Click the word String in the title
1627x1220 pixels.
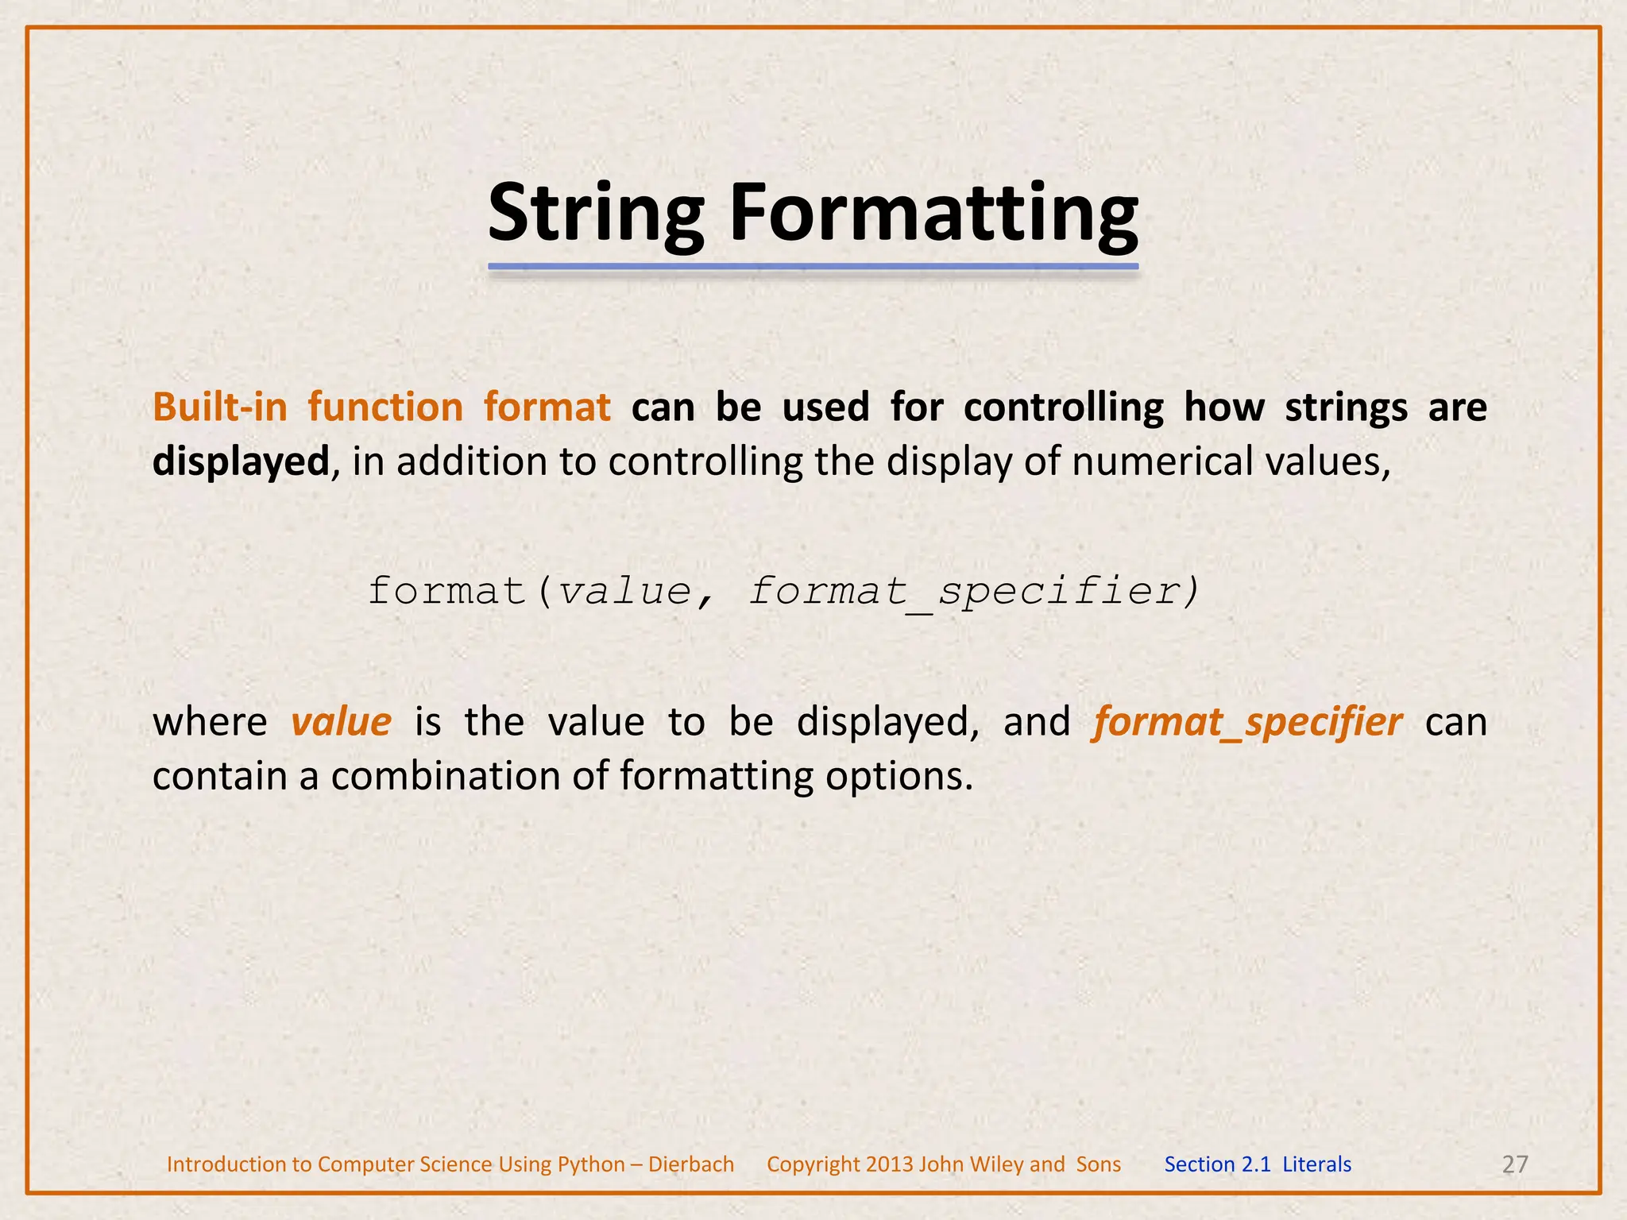(596, 213)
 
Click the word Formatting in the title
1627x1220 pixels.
(933, 213)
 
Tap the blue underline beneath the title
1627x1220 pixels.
(813, 267)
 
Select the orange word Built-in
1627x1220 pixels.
(219, 407)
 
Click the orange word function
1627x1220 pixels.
(385, 407)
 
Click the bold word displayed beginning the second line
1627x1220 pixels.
(240, 461)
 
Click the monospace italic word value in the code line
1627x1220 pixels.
(624, 592)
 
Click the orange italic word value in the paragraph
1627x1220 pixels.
(341, 722)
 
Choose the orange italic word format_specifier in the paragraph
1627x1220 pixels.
(1247, 722)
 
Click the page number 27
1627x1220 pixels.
(1515, 1164)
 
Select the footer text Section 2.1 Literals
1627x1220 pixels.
(1258, 1164)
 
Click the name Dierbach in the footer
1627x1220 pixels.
(691, 1164)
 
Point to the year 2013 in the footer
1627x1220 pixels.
(890, 1164)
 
